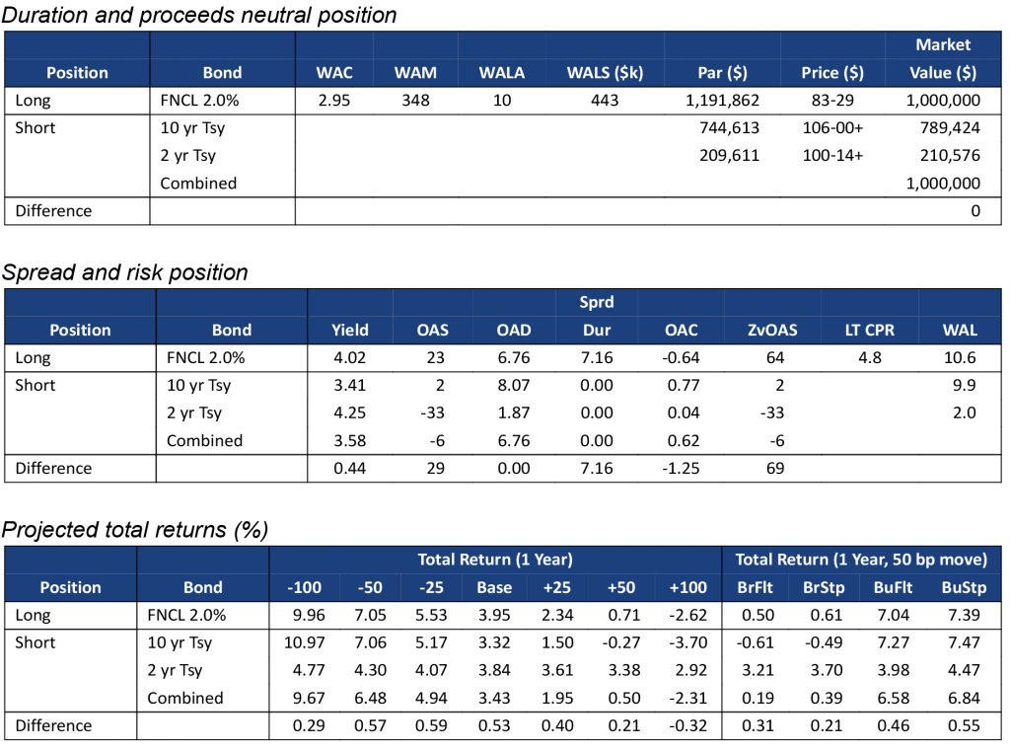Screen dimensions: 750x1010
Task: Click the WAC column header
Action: (x=334, y=73)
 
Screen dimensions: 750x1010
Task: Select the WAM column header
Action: (x=415, y=73)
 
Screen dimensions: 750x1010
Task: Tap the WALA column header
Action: (x=502, y=73)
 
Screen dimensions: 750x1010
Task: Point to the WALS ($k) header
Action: (x=605, y=73)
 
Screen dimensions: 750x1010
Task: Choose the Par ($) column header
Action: (x=722, y=73)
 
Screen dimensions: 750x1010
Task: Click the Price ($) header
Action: (x=832, y=73)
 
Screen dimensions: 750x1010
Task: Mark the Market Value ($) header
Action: (x=943, y=59)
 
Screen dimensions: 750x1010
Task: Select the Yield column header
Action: (x=350, y=331)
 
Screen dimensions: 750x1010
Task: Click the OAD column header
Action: (x=514, y=331)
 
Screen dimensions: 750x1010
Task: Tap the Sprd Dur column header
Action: (x=597, y=317)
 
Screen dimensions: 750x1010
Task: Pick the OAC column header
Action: (x=681, y=331)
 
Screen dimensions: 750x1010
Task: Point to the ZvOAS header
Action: (x=772, y=331)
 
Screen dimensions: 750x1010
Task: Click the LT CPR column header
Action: (x=870, y=331)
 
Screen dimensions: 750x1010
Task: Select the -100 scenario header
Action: (x=304, y=588)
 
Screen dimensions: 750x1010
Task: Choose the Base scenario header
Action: (x=494, y=588)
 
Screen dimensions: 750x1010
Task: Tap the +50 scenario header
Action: (x=620, y=588)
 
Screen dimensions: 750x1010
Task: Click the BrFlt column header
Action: (x=756, y=588)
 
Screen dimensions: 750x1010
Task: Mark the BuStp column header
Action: (x=964, y=588)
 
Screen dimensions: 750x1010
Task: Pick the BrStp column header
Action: (x=824, y=588)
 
